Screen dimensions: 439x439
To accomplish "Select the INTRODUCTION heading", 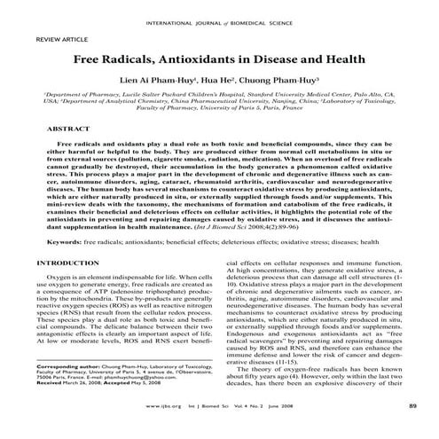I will pos(67,264).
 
